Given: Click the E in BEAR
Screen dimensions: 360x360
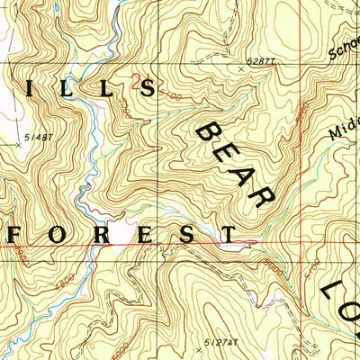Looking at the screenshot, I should [229, 155].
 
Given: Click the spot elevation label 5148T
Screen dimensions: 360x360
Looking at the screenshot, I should [39, 137].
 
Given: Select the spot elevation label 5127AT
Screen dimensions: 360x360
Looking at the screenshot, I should [219, 342].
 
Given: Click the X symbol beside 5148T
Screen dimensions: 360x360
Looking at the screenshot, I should [18, 143].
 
